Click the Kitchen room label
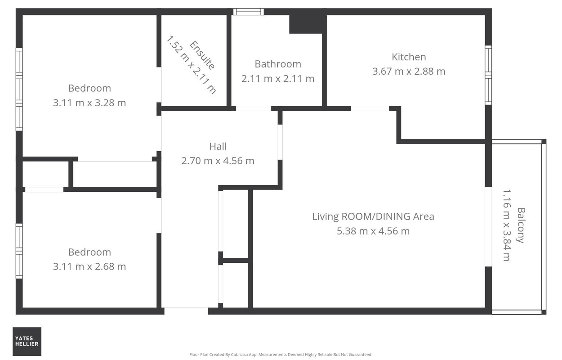(x=409, y=57)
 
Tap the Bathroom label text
(x=278, y=64)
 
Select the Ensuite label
(x=202, y=55)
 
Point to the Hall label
(x=218, y=146)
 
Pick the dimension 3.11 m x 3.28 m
(x=89, y=103)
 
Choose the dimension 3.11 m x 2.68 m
(x=89, y=266)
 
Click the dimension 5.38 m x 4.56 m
(x=373, y=231)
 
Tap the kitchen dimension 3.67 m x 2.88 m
(x=409, y=72)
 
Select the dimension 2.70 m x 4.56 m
(x=218, y=161)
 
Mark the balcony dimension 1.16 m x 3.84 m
(x=507, y=225)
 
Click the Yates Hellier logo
(x=27, y=342)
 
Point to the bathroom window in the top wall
(x=248, y=12)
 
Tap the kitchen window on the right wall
(x=488, y=75)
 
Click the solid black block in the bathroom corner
(x=306, y=24)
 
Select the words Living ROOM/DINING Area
(x=373, y=216)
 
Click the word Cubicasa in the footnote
(x=241, y=355)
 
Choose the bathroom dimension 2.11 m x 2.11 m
(x=278, y=79)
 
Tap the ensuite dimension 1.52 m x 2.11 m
(x=191, y=65)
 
